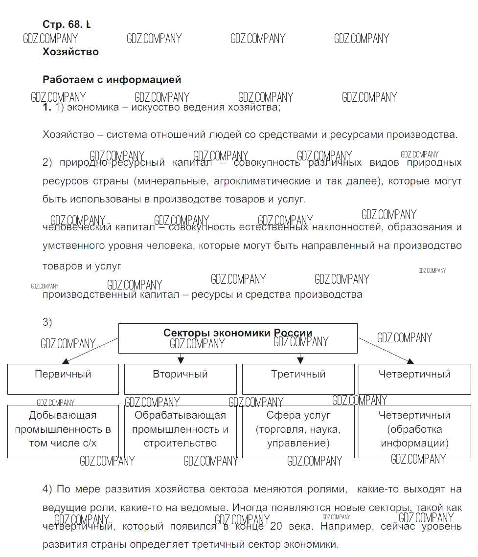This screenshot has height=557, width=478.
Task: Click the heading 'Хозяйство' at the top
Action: tap(70, 52)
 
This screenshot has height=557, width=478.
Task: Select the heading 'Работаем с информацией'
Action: tap(112, 80)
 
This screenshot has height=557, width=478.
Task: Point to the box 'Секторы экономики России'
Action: tap(238, 338)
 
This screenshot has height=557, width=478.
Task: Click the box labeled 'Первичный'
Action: tap(63, 379)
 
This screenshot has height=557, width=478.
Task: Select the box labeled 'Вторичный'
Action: tap(180, 379)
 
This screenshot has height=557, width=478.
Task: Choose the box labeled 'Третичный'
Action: tap(298, 379)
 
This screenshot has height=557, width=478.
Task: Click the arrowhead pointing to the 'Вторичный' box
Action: tap(181, 360)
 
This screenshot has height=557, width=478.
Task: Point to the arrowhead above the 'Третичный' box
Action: tap(300, 360)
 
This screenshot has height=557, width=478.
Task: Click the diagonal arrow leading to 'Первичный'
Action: tap(91, 350)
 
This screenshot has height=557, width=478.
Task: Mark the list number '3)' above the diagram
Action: tap(47, 322)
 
